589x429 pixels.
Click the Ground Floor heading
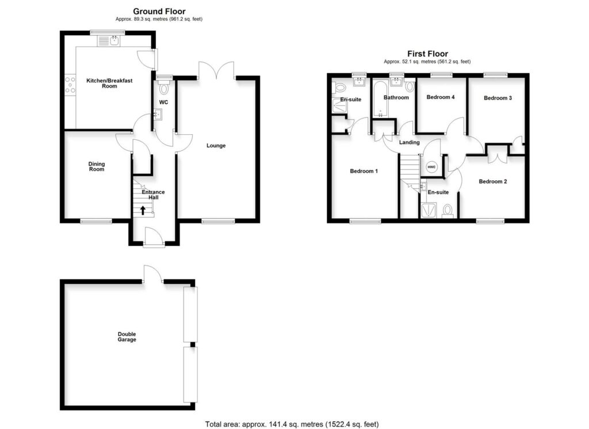[x=159, y=11]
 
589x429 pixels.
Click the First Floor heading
[x=427, y=54]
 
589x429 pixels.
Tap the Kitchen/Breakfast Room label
[x=109, y=83]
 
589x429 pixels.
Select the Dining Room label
[x=97, y=166]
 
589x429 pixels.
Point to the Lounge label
[x=216, y=146]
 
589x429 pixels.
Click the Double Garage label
[x=127, y=337]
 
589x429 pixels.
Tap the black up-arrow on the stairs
[x=143, y=210]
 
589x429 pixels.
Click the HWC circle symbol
[x=431, y=167]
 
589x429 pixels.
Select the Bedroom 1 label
[x=364, y=171]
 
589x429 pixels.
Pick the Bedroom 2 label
[x=493, y=182]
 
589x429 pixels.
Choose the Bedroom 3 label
[x=498, y=98]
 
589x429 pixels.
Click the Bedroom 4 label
[x=441, y=97]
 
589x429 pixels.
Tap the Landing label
[x=410, y=142]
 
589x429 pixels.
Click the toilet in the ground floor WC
[x=164, y=88]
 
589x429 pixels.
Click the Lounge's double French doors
[x=217, y=72]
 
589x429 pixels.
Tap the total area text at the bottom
[x=292, y=424]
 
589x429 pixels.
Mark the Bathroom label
[x=396, y=97]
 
